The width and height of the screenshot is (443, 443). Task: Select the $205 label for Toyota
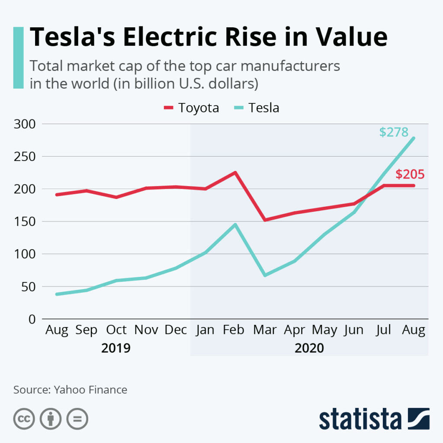(410, 174)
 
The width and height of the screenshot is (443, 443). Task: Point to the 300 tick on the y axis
(25, 124)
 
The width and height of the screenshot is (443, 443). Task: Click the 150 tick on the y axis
(25, 221)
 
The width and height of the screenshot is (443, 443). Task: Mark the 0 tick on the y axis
(31, 319)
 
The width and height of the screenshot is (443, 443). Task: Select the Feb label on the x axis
(234, 330)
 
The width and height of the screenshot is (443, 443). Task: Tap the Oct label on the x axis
(116, 330)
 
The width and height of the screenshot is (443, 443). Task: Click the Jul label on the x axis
(383, 330)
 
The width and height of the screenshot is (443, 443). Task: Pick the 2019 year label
(116, 348)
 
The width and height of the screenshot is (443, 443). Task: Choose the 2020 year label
(309, 348)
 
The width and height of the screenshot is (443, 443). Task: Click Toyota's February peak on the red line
(235, 173)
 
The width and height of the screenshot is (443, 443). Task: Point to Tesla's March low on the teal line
(265, 275)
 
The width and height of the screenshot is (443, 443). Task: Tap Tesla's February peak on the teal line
(235, 225)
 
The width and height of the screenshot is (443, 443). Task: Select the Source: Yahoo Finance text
(70, 389)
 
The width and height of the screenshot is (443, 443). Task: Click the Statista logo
(374, 419)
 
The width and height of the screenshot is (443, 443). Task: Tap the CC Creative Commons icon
(24, 419)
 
